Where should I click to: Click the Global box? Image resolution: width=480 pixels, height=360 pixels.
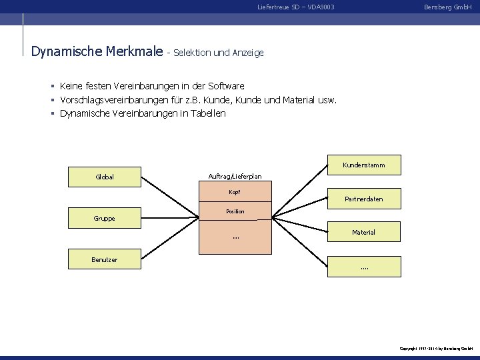[x=104, y=177]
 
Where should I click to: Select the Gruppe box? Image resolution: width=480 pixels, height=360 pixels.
[x=104, y=218]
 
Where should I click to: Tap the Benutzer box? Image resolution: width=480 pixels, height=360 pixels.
[x=104, y=259]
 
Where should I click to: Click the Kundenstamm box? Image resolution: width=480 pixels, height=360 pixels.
[x=363, y=165]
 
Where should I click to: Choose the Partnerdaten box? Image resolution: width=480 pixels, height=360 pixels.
[x=363, y=199]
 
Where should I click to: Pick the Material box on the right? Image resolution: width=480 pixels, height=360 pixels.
[x=363, y=232]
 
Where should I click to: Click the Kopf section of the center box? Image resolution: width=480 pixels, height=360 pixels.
[x=235, y=192]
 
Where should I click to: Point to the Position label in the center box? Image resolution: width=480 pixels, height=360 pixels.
[x=235, y=211]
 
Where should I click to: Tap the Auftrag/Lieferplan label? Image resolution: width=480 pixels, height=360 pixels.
[x=235, y=176]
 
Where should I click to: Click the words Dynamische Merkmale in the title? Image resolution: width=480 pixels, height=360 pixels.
[x=97, y=51]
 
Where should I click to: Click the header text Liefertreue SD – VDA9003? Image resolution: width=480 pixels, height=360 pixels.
[x=295, y=7]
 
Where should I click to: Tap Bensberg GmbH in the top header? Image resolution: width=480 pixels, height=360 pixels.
[x=448, y=7]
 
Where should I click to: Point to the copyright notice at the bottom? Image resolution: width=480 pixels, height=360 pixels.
[x=436, y=349]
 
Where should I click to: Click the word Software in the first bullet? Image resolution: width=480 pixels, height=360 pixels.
[x=227, y=86]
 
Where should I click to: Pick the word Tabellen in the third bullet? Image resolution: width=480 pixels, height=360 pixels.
[x=207, y=113]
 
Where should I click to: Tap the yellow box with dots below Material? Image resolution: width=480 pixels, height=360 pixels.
[x=363, y=267]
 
